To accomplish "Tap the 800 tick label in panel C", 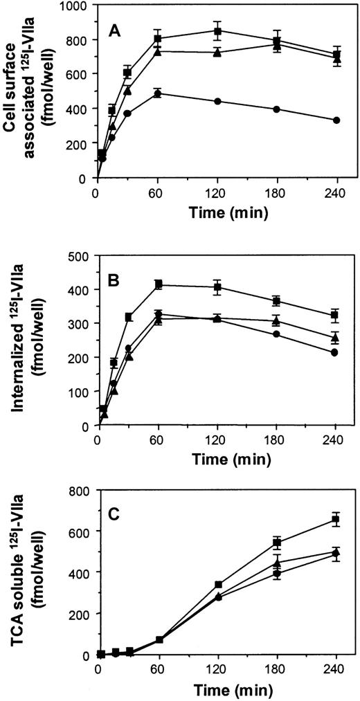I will (80, 491).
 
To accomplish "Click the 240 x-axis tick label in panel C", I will (336, 670).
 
